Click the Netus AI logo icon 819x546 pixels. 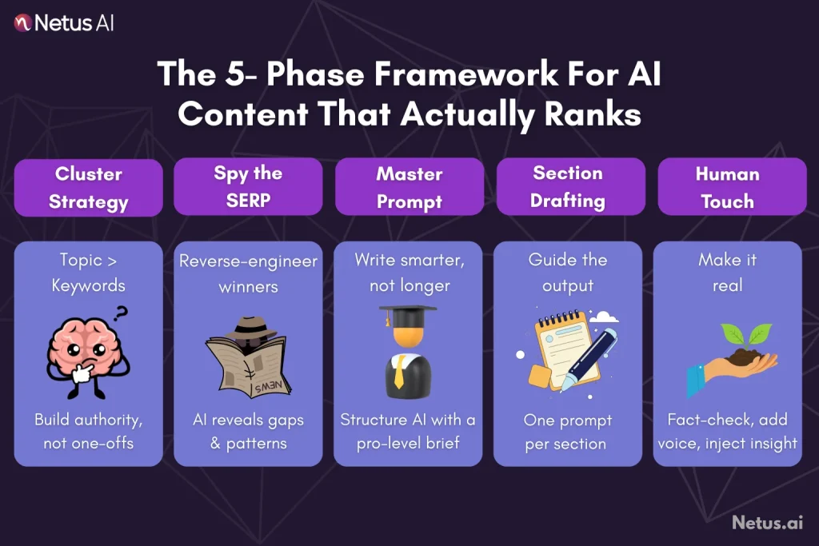pyautogui.click(x=23, y=23)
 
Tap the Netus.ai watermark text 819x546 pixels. pyautogui.click(x=766, y=523)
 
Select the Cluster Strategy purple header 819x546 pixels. pyautogui.click(x=88, y=187)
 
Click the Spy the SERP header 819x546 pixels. pyautogui.click(x=248, y=187)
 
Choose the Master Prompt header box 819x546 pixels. pyautogui.click(x=409, y=187)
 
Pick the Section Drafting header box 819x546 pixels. pyautogui.click(x=568, y=187)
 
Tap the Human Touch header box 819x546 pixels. pyautogui.click(x=727, y=187)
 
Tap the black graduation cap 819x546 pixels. pyautogui.click(x=408, y=315)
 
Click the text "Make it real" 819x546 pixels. pyautogui.click(x=727, y=273)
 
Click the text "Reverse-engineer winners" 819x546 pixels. pyautogui.click(x=248, y=273)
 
